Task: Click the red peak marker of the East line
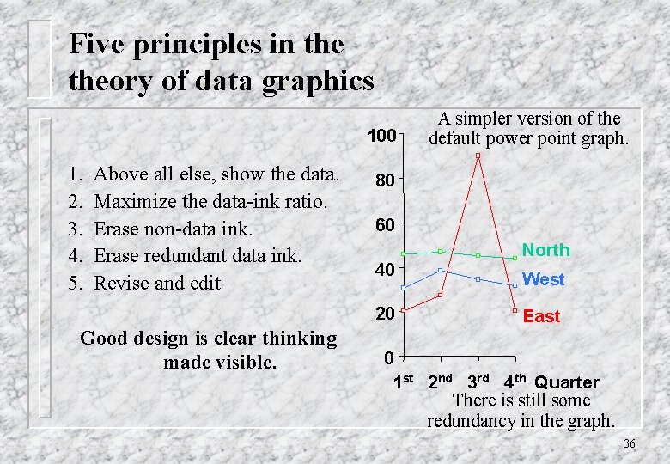(x=478, y=156)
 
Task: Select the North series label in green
(x=545, y=250)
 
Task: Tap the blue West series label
(x=543, y=279)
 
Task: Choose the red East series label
(x=541, y=316)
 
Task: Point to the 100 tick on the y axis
(x=381, y=136)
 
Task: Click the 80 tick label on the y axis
(x=384, y=181)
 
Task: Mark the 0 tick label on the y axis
(x=389, y=357)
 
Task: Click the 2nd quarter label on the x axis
(x=440, y=380)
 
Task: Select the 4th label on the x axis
(x=514, y=381)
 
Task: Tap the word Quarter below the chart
(x=566, y=382)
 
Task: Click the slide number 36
(x=629, y=443)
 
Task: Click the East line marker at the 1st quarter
(x=403, y=310)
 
